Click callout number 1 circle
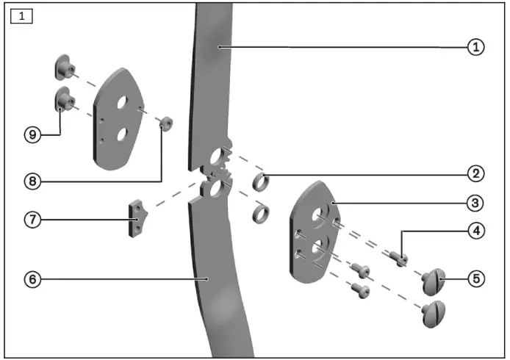475,47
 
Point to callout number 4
475,230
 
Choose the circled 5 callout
475,278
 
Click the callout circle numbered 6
30,279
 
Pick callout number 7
30,219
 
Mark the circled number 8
30,179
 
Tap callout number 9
30,134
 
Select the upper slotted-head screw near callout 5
434,281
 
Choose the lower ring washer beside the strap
259,214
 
